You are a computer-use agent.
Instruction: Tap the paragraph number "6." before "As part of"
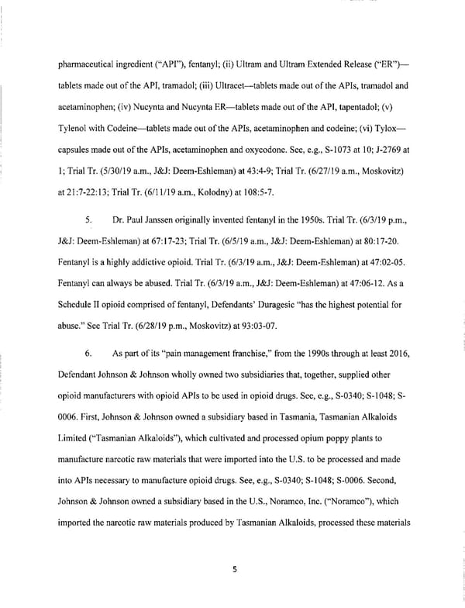(90, 353)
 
